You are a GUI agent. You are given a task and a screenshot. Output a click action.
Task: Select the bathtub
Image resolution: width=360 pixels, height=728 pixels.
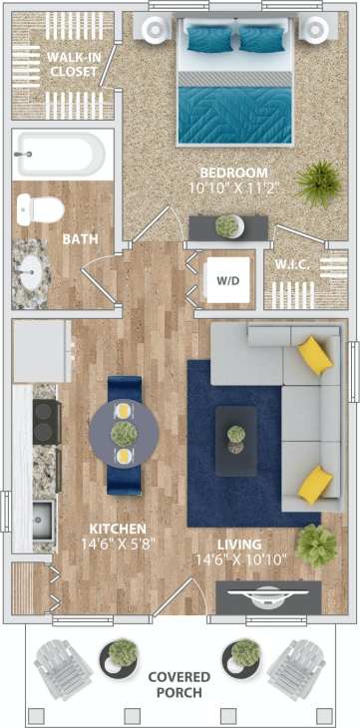click(x=60, y=156)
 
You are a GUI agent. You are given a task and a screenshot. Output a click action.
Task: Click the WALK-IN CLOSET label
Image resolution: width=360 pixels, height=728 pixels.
click(x=72, y=65)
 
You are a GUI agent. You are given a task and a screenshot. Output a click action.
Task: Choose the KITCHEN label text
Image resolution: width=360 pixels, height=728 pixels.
click(x=117, y=529)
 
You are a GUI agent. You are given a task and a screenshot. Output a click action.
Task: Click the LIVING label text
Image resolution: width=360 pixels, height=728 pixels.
click(x=239, y=545)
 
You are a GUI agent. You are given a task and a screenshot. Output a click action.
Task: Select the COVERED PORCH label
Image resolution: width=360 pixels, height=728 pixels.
click(x=180, y=685)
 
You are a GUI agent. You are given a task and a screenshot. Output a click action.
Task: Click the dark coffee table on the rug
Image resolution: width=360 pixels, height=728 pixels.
click(x=236, y=440)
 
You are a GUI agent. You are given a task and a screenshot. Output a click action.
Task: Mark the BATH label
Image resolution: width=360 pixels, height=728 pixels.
click(x=78, y=239)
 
